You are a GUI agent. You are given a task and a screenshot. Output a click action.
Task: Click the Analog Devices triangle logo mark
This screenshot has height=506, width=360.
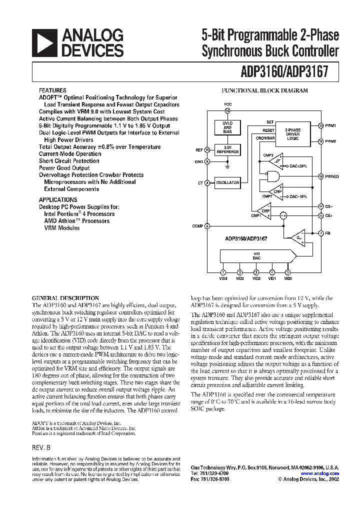(44, 42)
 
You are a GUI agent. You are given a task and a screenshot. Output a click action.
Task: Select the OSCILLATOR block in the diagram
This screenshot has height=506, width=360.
(227, 183)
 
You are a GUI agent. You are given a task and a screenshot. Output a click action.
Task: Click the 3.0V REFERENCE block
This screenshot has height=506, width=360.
(227, 149)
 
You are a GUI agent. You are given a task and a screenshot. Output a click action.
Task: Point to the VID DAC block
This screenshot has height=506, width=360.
(256, 256)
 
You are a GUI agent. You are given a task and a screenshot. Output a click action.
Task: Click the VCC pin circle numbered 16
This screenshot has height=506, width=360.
(227, 111)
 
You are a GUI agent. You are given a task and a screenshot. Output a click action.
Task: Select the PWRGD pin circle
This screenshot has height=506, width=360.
(320, 176)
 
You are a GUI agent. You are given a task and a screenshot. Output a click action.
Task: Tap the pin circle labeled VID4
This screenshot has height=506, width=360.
(223, 272)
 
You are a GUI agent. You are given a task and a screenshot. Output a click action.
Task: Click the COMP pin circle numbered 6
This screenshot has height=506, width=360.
(207, 226)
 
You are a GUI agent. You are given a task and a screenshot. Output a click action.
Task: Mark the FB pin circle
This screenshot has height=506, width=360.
(320, 233)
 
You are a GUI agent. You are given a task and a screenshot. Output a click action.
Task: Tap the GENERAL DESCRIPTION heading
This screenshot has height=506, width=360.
(65, 298)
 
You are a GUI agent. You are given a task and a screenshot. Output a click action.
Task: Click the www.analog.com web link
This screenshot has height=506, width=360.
(319, 473)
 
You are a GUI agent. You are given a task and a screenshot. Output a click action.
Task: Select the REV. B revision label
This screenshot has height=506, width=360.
(41, 448)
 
